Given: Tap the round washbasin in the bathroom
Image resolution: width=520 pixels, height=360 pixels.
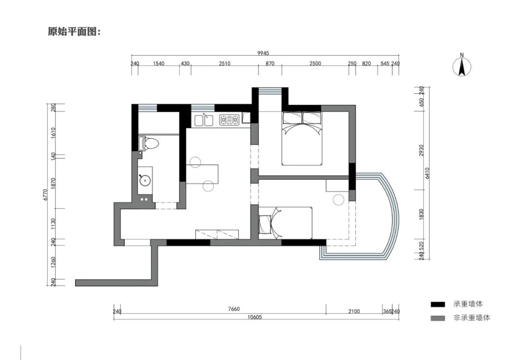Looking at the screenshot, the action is [x=145, y=180].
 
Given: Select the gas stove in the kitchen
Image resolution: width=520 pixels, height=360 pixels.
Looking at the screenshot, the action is [x=229, y=120].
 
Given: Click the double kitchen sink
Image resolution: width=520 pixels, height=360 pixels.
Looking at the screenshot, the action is [x=204, y=120].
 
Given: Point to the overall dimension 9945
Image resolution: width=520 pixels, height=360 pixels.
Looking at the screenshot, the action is [x=263, y=53].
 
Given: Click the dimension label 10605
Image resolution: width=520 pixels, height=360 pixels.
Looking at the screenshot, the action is [x=254, y=317].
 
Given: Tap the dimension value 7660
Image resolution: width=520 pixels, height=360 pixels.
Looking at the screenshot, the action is [x=234, y=309].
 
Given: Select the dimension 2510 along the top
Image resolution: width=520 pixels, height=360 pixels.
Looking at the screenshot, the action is [x=224, y=64].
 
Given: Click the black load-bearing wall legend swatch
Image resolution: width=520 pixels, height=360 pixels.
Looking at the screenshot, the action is [x=438, y=304].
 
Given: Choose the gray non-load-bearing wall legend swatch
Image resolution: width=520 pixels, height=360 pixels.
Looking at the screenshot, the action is [x=438, y=318].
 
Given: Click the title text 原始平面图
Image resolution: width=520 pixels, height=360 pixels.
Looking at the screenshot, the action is [x=74, y=32].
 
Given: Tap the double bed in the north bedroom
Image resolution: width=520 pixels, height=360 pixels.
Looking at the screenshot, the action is [x=302, y=138].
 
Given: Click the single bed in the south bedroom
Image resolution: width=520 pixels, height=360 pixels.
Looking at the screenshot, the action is [x=285, y=223].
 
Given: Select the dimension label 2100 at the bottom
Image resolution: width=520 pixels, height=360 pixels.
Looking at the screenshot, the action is [x=354, y=311].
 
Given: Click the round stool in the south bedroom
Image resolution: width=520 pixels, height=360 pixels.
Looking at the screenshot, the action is [x=338, y=200].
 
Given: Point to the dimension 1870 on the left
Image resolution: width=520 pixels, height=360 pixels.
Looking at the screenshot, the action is [x=53, y=184].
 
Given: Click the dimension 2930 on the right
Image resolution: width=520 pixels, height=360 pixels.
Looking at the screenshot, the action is [x=421, y=151].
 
